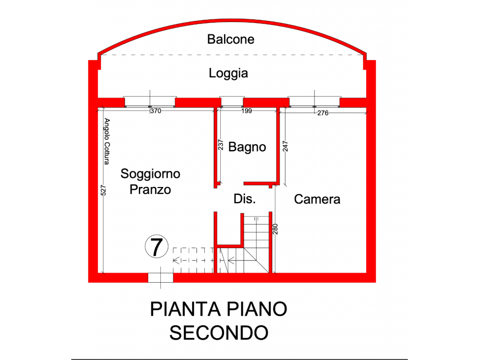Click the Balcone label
(x=231, y=39)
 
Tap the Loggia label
(x=228, y=74)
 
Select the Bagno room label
(x=247, y=147)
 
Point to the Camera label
(x=317, y=199)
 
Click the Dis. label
(x=245, y=199)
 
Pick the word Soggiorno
(x=150, y=174)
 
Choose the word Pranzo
(x=150, y=190)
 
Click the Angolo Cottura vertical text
(x=106, y=142)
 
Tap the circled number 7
(x=157, y=247)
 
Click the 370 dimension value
(x=156, y=111)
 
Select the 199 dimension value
(x=247, y=111)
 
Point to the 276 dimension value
(x=322, y=113)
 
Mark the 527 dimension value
(x=103, y=190)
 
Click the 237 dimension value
(x=220, y=145)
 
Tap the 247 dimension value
(x=285, y=146)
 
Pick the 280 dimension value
(x=275, y=229)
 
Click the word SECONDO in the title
(x=219, y=333)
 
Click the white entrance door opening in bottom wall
(x=161, y=277)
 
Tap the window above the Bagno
(x=232, y=102)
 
